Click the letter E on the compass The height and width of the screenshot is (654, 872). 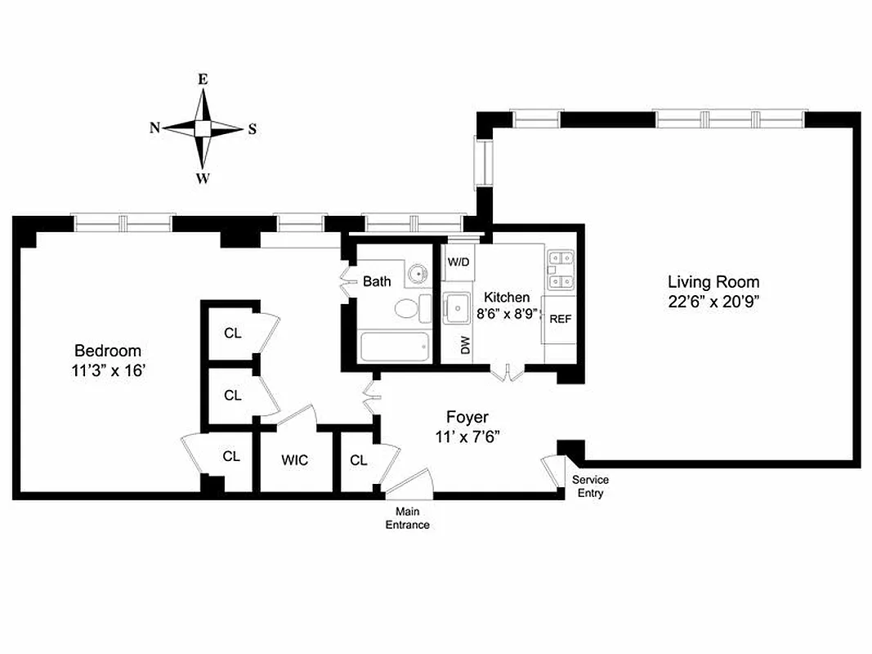[x=203, y=79]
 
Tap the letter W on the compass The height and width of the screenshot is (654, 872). [x=203, y=178]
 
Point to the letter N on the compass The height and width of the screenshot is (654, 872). [x=154, y=128]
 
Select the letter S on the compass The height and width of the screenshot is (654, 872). [x=252, y=128]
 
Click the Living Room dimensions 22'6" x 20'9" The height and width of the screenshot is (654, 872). [x=713, y=301]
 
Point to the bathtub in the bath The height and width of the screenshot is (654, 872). [x=394, y=347]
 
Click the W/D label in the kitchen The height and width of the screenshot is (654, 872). [x=458, y=263]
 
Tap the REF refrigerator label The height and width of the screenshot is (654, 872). [x=560, y=319]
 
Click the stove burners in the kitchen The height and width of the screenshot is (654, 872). [x=561, y=269]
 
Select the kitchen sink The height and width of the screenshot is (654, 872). [x=457, y=309]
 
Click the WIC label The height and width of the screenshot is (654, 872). [x=295, y=460]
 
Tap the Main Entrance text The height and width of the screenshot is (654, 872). [x=407, y=518]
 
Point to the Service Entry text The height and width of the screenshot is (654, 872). [x=589, y=486]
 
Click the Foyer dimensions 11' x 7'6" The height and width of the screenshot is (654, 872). [x=467, y=437]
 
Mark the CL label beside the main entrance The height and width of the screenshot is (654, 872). [x=358, y=460]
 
